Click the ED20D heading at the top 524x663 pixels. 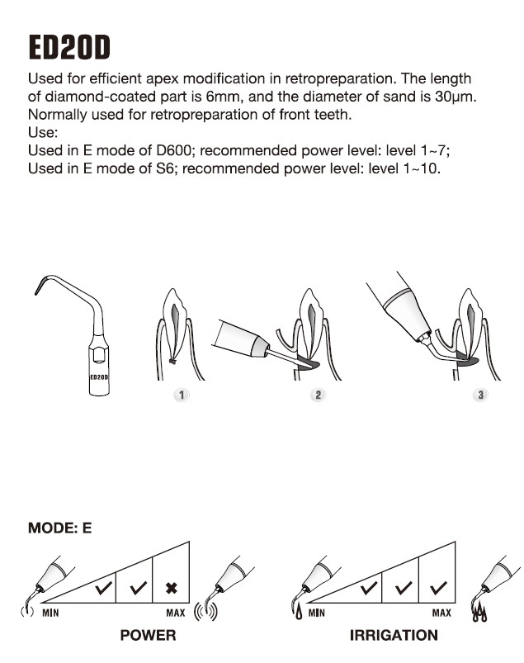69,47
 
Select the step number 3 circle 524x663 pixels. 481,395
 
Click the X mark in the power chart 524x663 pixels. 172,589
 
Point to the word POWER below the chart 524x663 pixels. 149,636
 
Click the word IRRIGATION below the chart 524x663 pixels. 394,636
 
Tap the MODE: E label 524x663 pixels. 59,527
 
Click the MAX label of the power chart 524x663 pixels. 176,613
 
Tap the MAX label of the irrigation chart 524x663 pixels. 441,613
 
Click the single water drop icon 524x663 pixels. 296,613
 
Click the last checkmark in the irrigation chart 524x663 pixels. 437,589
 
